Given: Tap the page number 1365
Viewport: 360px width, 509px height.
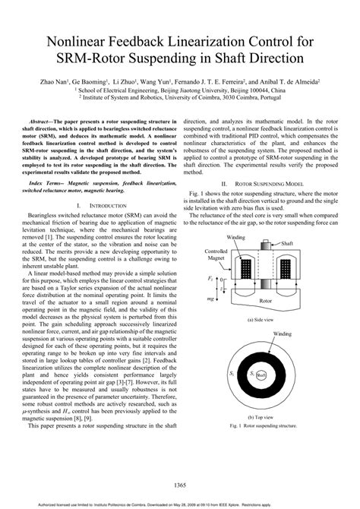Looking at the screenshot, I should pos(180,485).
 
